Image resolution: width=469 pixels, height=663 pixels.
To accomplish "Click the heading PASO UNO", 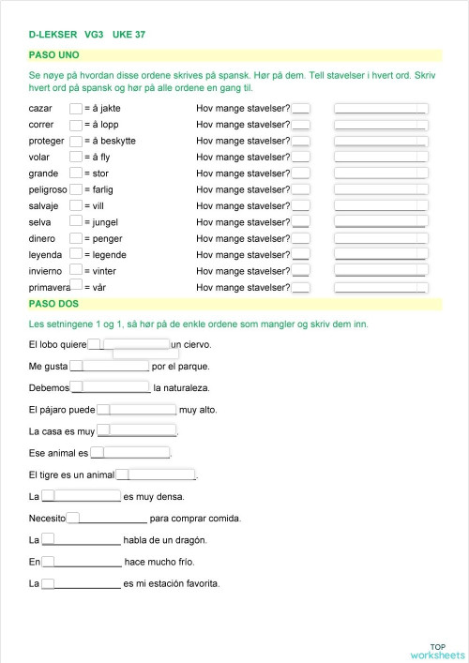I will click(54, 55).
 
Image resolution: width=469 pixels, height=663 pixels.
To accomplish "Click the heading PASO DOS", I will click(54, 303).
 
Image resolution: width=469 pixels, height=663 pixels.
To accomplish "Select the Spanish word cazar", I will click(42, 109).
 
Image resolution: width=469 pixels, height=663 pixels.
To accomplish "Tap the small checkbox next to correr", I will click(76, 125).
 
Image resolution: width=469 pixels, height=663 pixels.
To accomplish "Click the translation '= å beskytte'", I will click(110, 141).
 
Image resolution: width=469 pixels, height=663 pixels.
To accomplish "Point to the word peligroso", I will click(49, 189).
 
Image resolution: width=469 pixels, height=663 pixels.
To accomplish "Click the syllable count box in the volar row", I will click(300, 158).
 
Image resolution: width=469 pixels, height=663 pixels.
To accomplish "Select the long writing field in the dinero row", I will click(381, 238).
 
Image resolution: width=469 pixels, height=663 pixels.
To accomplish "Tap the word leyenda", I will click(46, 254).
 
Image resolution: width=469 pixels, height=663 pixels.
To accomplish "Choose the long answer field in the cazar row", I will click(381, 109).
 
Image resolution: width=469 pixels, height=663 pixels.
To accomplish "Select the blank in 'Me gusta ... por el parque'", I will click(115, 366).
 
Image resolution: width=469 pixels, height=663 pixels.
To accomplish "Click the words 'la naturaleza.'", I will click(181, 387).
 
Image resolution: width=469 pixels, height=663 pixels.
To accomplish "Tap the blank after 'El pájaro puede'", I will click(143, 409).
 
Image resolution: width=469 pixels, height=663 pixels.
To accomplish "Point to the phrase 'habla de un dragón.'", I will click(165, 540).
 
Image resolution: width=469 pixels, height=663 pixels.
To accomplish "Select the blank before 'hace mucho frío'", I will click(87, 562).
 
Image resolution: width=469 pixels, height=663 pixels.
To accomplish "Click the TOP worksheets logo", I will click(437, 651).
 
